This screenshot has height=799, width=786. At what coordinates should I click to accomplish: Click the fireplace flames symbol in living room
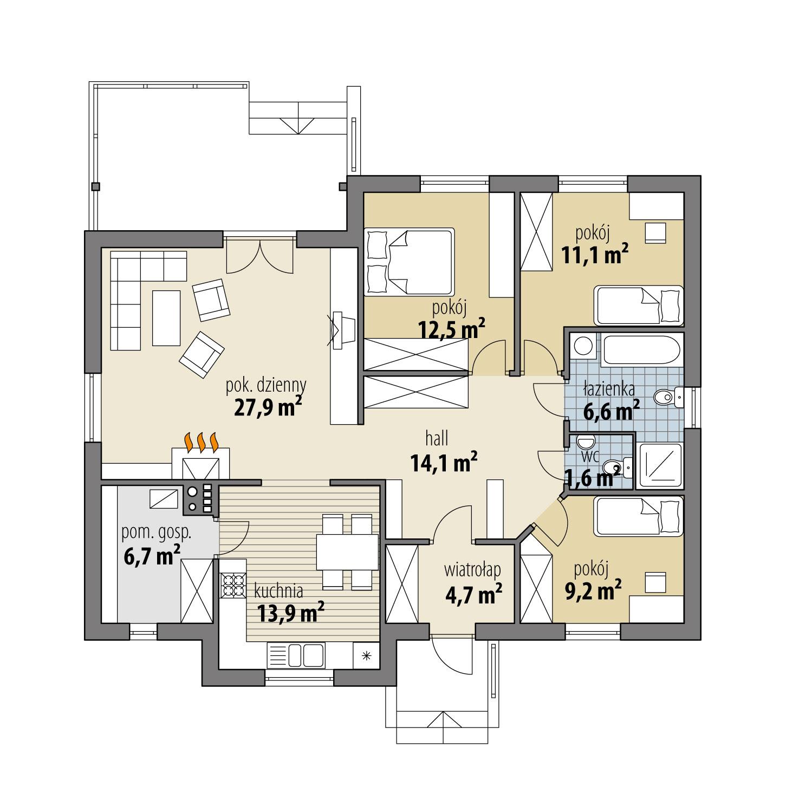pyautogui.click(x=202, y=441)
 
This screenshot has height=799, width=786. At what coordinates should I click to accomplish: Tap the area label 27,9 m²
pyautogui.click(x=268, y=407)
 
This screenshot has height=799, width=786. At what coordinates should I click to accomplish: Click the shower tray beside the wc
pyautogui.click(x=659, y=464)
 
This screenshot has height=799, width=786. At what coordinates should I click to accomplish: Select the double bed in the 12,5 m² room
pyautogui.click(x=409, y=262)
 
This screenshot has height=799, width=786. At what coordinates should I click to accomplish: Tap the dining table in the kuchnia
pyautogui.click(x=347, y=551)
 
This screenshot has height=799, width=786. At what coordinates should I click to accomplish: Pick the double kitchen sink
pyautogui.click(x=306, y=655)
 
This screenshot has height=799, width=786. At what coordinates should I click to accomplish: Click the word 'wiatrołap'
pyautogui.click(x=472, y=570)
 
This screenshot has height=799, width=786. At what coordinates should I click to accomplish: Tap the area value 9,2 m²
pyautogui.click(x=593, y=590)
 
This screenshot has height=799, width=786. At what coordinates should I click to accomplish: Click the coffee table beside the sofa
pyautogui.click(x=166, y=317)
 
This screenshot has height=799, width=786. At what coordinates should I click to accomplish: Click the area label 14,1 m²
pyautogui.click(x=444, y=463)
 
